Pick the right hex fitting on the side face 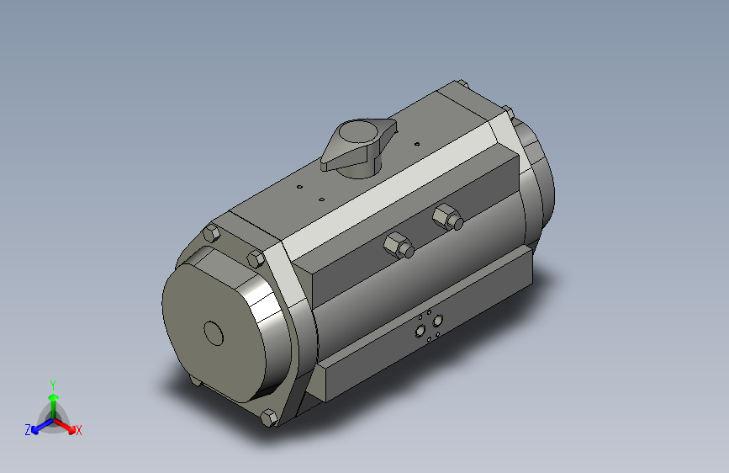point(447,218)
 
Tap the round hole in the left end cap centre point(214,333)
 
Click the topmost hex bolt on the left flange point(211,234)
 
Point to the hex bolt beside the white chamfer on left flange point(256,258)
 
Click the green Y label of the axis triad point(52,383)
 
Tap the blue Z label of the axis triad point(28,429)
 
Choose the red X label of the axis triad point(79,430)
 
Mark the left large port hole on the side point(420,332)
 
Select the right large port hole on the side point(436,321)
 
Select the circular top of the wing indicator point(357,132)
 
